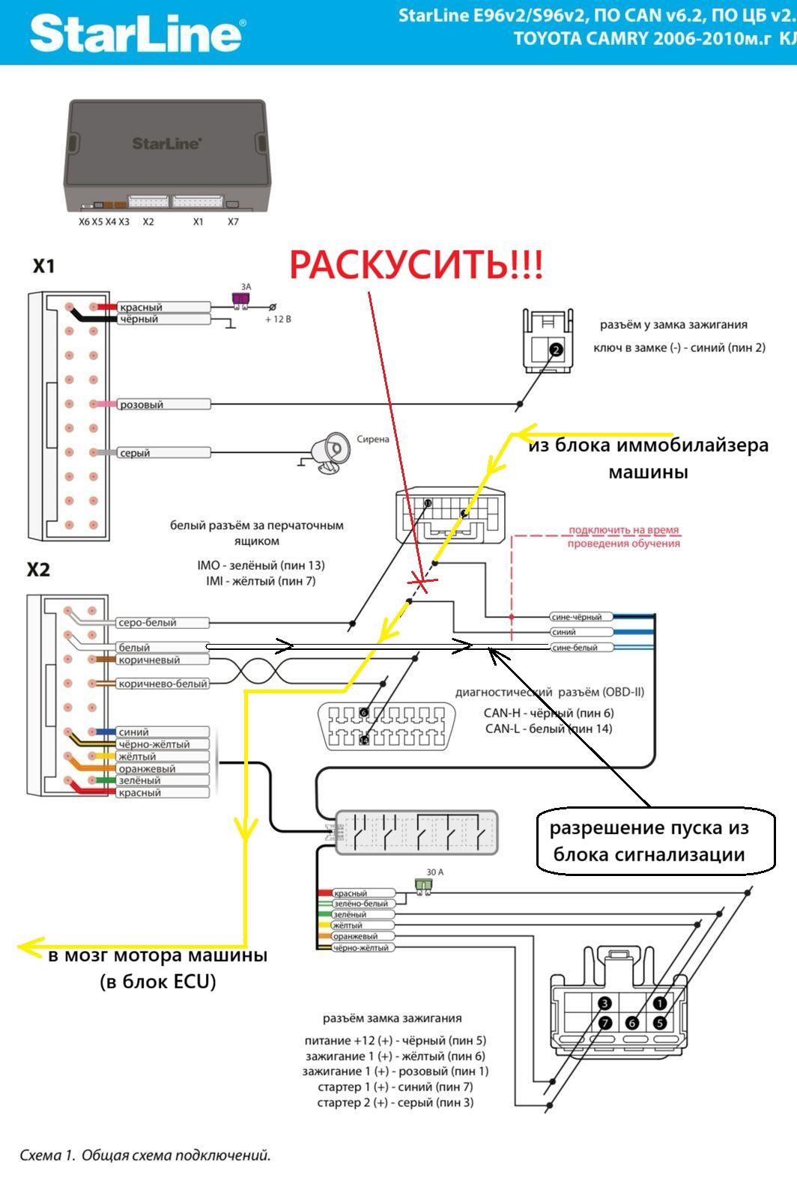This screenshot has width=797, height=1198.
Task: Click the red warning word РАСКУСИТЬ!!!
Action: (x=416, y=265)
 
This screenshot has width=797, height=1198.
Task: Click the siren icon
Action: (x=330, y=452)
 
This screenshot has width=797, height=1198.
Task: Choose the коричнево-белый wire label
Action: (x=163, y=684)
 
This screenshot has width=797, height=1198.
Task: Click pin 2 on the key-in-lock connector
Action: (x=555, y=350)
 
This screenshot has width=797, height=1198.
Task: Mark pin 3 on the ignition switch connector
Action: (x=605, y=1003)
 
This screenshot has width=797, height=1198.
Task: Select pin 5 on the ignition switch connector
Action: (x=660, y=1023)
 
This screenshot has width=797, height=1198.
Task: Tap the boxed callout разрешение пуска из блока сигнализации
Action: (x=655, y=841)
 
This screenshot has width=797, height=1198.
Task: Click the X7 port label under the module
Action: (x=233, y=222)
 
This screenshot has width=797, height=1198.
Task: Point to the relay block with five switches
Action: (x=416, y=832)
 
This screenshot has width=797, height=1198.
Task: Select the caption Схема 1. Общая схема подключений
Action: (x=145, y=1155)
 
